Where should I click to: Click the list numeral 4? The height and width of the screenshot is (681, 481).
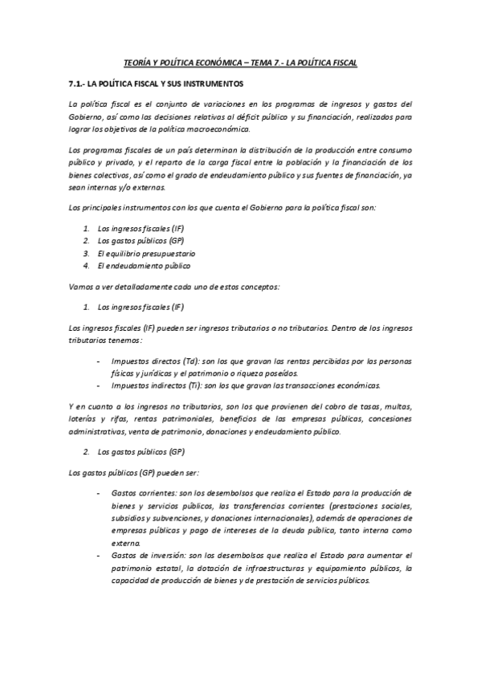click(x=85, y=265)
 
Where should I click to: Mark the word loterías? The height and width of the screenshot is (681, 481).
click(x=84, y=419)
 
